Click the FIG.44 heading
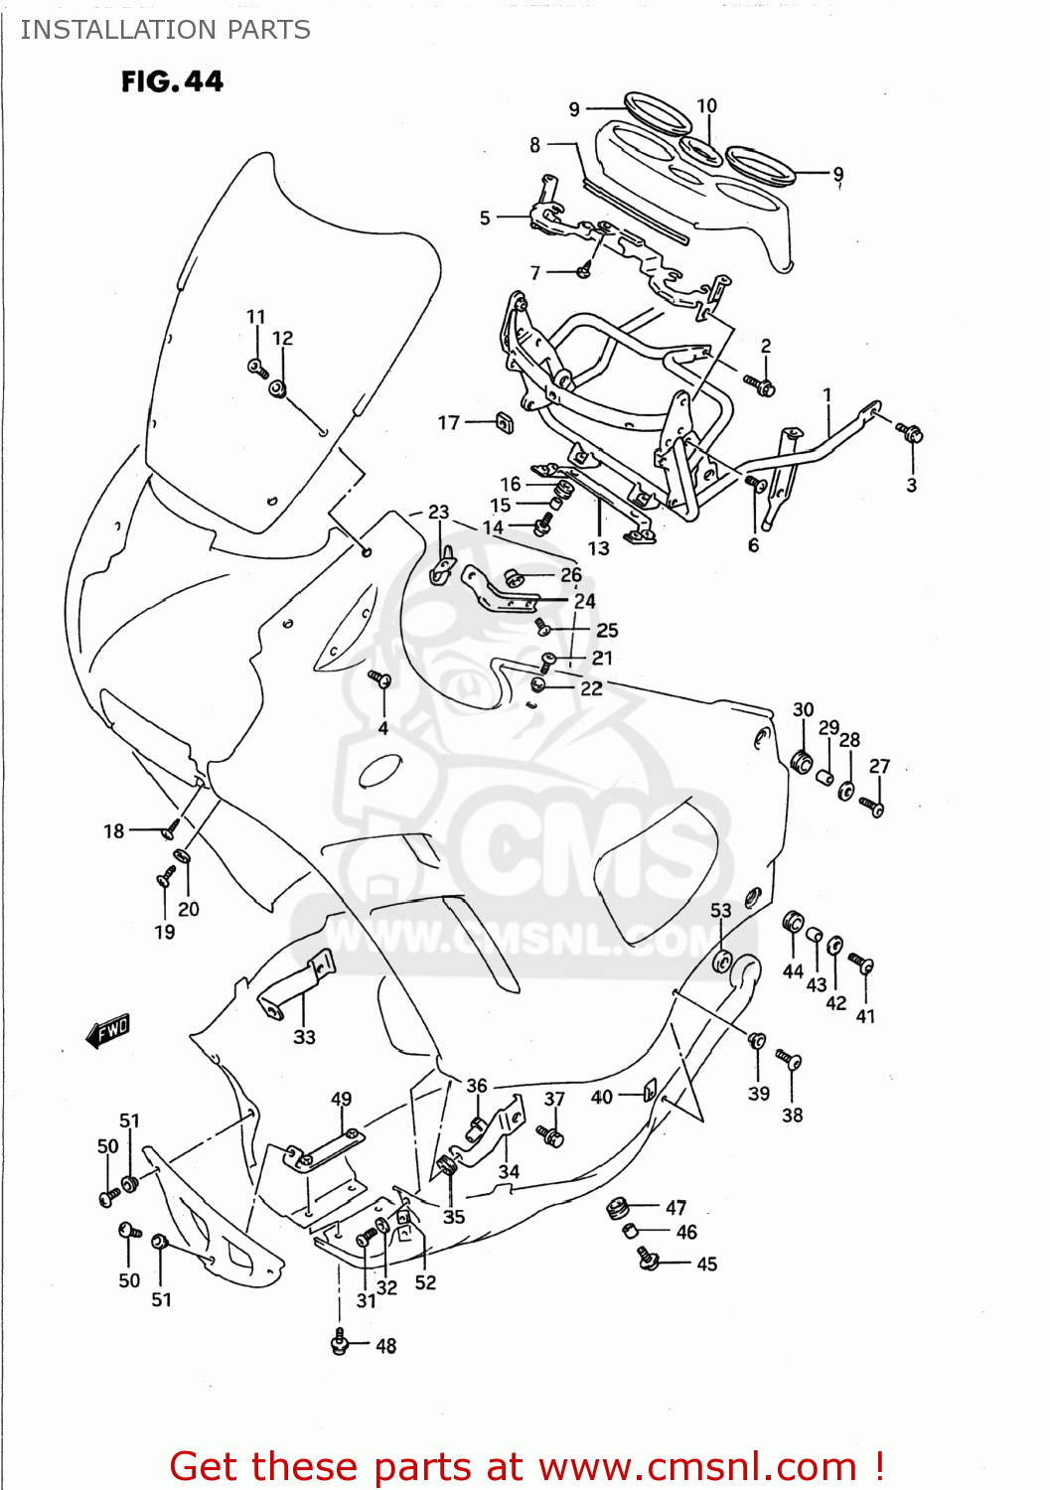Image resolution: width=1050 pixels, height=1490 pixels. tap(172, 81)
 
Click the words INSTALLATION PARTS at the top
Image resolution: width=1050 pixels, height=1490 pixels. tap(165, 30)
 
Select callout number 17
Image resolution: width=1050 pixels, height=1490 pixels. tap(448, 423)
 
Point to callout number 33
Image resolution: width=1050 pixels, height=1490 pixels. tap(304, 1037)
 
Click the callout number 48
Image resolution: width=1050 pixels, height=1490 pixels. tap(385, 1346)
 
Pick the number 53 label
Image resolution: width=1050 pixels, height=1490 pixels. tap(720, 910)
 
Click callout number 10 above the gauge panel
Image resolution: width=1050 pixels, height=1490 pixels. tap(706, 106)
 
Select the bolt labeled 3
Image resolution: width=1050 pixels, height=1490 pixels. tap(911, 432)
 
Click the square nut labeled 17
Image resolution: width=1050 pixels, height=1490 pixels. tap(504, 423)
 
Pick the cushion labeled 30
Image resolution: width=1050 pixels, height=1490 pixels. tap(802, 762)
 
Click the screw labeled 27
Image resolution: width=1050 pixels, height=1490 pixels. tap(872, 806)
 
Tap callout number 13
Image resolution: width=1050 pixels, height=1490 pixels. tap(598, 548)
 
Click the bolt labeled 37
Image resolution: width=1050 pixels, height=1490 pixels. tap(550, 1133)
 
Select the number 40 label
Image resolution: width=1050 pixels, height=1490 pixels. tap(601, 1098)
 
